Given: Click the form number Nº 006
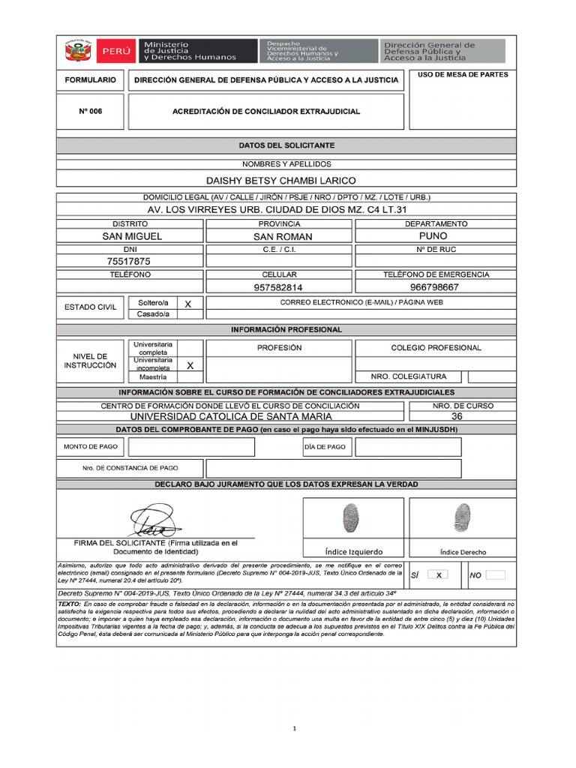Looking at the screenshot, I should pos(90,111).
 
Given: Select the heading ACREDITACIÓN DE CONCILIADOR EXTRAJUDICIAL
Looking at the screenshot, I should pos(265,111).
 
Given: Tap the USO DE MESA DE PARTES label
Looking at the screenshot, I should pos(462,75).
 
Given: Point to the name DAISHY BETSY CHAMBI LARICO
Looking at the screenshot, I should pos(280,181).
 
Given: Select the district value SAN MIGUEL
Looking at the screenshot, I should pos(132,236).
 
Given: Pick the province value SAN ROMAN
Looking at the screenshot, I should pos(283,236).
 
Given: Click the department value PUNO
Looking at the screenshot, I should pos(434,235).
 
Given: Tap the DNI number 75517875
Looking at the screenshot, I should pos(129,262).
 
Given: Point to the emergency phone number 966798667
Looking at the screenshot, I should pos(434,287).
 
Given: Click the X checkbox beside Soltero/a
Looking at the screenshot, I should pos(188,303).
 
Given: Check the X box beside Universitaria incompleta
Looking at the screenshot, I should pos(190,365).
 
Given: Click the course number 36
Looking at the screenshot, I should pos(457,416).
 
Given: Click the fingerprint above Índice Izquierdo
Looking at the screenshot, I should pos(351,518).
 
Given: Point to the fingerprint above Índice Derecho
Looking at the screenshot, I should pos(462,518).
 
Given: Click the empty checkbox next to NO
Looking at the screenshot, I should pos(495,575).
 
